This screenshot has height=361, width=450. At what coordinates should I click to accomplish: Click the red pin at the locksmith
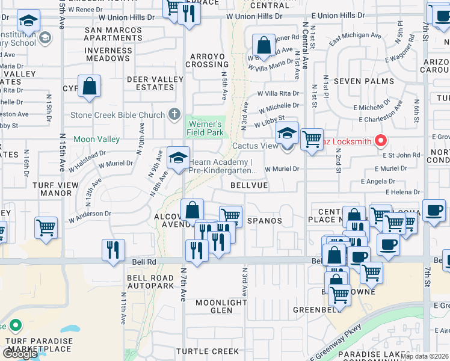380,141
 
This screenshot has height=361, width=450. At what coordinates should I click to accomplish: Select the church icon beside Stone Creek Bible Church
174,114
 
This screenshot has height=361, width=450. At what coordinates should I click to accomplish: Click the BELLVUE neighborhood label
249,186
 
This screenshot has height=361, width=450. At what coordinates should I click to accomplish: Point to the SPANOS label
264,221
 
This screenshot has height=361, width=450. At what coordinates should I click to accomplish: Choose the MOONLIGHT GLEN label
221,306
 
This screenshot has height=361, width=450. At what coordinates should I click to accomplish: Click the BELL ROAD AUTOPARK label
150,282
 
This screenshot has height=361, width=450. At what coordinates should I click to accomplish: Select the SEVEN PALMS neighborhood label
364,81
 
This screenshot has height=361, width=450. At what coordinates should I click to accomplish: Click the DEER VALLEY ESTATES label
155,83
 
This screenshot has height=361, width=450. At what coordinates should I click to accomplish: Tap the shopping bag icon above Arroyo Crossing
264,45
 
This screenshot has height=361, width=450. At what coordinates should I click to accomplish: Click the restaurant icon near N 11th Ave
113,250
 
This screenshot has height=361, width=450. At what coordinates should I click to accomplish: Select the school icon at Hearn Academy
177,158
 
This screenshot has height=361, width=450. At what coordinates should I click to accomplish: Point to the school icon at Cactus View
288,134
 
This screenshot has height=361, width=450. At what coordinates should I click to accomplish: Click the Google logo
19,354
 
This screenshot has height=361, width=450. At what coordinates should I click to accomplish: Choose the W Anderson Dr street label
90,215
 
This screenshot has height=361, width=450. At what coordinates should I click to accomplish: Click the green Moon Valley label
96,139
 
